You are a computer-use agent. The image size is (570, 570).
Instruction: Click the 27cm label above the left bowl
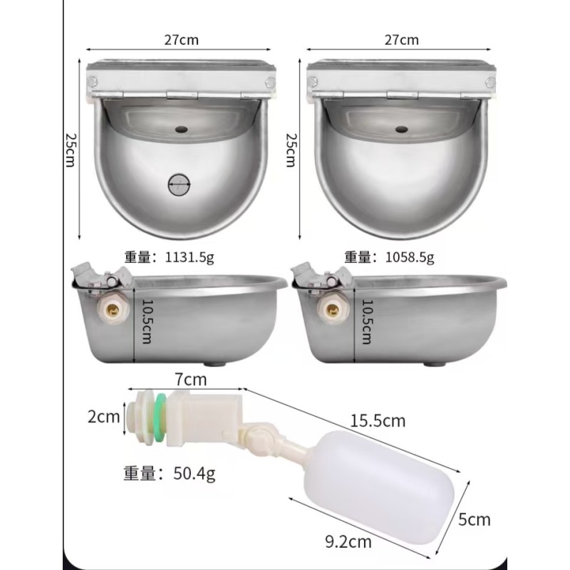point(181,41)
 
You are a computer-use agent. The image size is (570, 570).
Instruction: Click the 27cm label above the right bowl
point(401,41)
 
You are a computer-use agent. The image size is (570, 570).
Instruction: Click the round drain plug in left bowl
point(180,185)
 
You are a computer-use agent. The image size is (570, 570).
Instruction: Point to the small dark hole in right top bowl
point(401,130)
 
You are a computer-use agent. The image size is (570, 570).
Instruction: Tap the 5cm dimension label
point(475,519)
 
